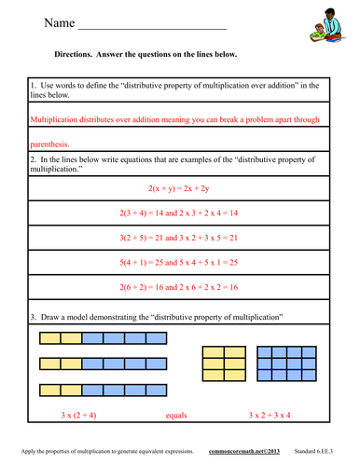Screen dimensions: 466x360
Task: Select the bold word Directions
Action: (76, 55)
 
